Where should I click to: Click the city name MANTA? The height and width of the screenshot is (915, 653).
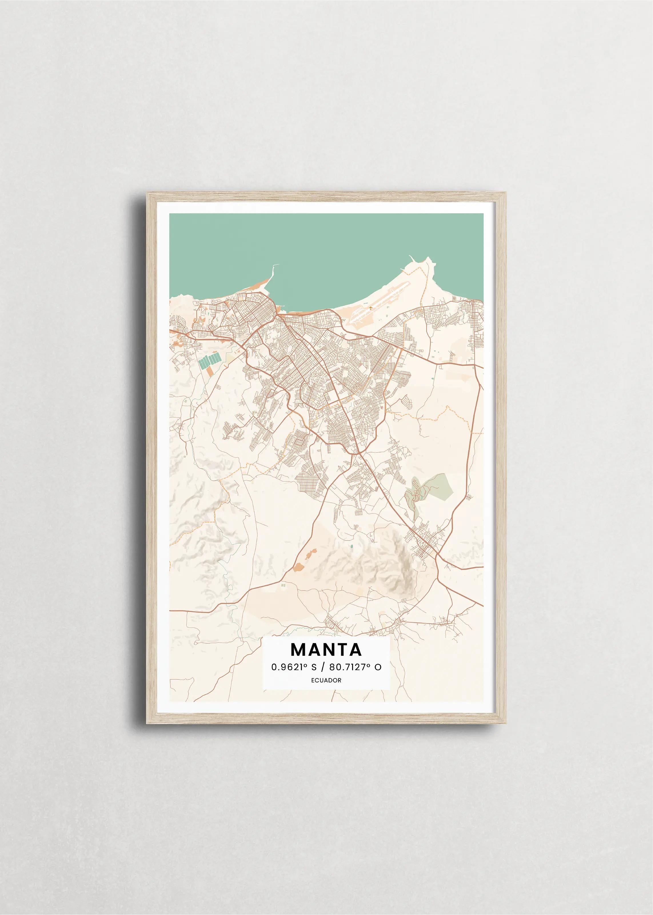(326, 650)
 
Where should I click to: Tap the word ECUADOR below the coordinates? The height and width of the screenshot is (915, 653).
(326, 680)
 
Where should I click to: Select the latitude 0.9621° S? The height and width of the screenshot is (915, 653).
(294, 667)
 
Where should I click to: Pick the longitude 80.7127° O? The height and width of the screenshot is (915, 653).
(355, 667)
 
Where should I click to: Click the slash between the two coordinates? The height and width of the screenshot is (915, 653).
(323, 667)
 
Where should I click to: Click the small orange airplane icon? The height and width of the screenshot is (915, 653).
(370, 308)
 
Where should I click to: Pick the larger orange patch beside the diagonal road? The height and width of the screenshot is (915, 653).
(298, 567)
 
